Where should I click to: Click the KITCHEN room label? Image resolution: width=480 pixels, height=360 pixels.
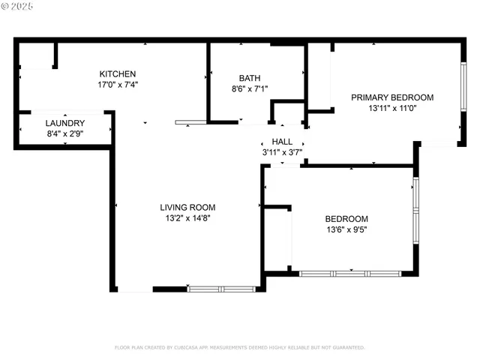coord(118,73)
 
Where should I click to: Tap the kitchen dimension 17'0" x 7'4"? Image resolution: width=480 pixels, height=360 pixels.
coord(118,85)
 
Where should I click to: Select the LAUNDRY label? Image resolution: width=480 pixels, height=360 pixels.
coord(64,123)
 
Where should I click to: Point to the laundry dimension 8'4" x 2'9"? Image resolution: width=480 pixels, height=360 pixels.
coord(64,134)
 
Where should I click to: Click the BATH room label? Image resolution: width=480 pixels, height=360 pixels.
coord(250,78)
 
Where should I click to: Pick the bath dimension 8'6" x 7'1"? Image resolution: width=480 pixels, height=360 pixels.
coord(250,88)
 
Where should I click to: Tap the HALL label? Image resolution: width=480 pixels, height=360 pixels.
coord(282,142)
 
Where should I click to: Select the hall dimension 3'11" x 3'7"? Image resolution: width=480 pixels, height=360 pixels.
coord(282,152)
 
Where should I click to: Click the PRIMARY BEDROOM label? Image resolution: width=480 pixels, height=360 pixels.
coord(392,97)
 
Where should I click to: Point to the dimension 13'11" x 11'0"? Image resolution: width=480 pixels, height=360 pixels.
coord(392,109)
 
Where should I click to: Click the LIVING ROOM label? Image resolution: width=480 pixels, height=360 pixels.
coord(187,208)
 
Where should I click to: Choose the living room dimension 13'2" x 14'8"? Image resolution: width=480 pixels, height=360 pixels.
coord(187,219)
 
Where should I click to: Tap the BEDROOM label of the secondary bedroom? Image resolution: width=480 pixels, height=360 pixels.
coord(346,219)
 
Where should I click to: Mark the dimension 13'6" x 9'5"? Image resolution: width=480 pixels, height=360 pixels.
coord(346,230)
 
